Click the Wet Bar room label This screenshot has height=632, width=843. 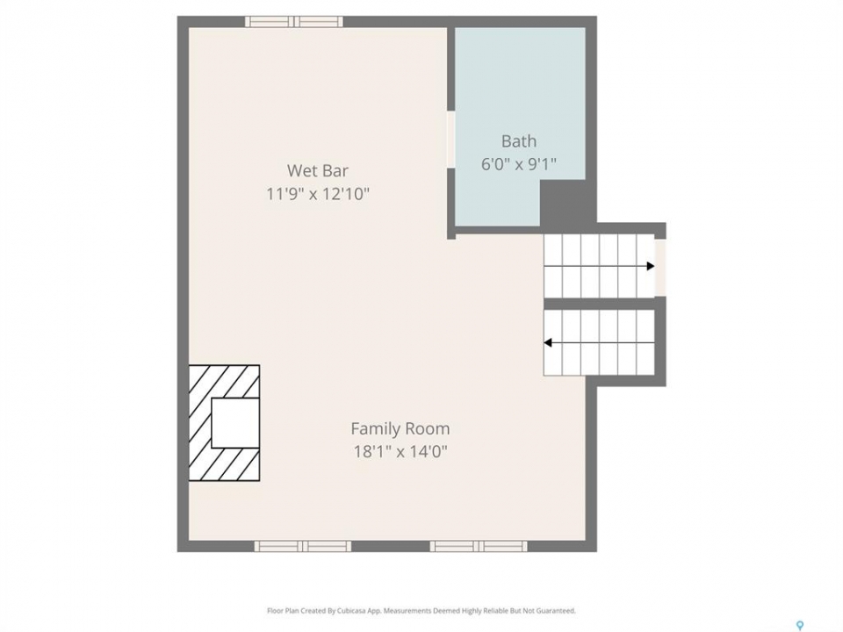coord(318,170)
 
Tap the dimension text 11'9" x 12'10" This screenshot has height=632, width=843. coord(318,193)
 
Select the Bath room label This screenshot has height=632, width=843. coord(519,140)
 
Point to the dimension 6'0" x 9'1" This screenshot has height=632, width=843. coord(519,163)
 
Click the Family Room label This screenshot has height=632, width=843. coord(400,428)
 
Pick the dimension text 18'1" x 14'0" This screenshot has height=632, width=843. coord(400,451)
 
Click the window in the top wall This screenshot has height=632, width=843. coord(294,21)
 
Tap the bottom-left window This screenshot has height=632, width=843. coord(303,546)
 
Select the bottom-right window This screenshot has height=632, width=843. coord(479,546)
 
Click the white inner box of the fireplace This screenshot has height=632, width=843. coord(235,423)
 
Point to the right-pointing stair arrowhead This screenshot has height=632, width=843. coord(651,266)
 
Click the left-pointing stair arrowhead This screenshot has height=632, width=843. coord(548,343)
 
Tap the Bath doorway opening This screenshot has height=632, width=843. coord(451,140)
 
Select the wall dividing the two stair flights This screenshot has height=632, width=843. coord(600,304)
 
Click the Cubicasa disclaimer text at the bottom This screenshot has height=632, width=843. coord(421,611)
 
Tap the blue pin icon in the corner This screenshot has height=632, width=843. coord(800,625)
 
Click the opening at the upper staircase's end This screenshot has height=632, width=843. coord(660,267)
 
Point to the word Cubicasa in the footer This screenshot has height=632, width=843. coord(352,611)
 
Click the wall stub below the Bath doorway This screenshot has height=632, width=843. coord(451,203)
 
